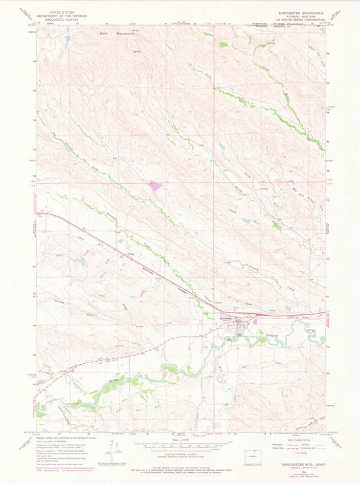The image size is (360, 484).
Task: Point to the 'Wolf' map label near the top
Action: (104, 32)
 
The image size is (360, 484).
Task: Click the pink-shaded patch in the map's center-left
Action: (155, 185)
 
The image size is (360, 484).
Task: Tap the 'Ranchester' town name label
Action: (226, 318)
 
